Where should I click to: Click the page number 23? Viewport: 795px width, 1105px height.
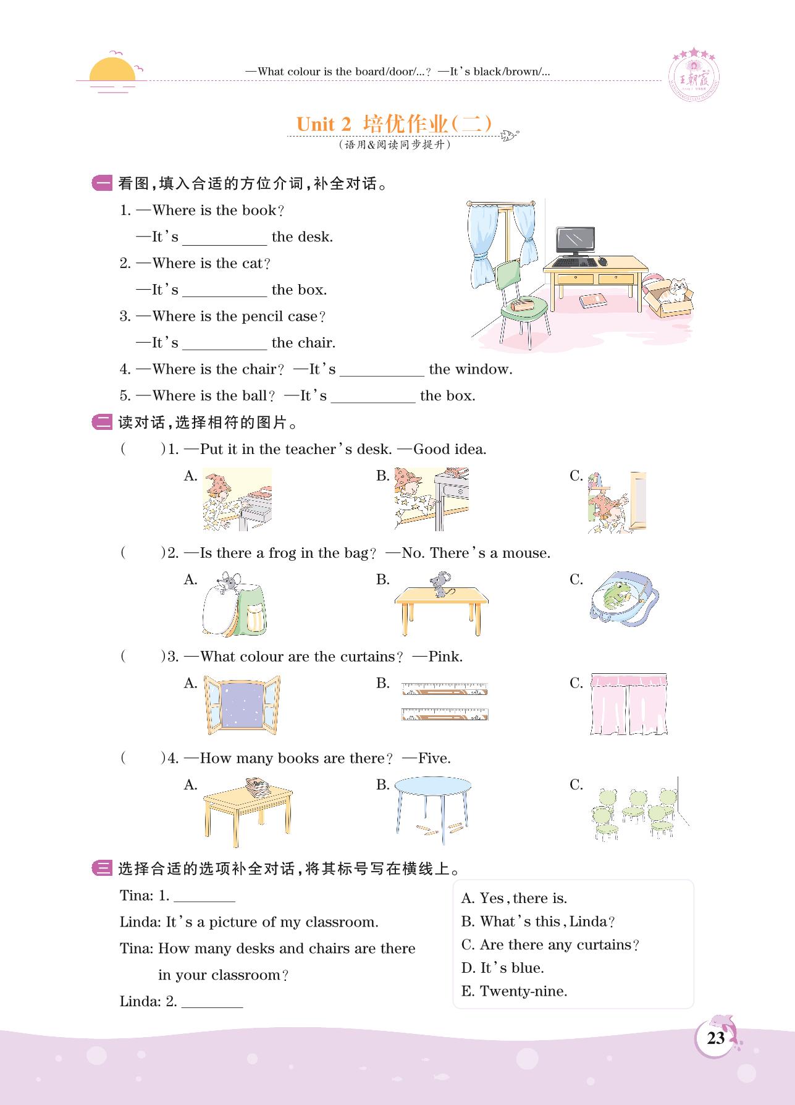[715, 1037]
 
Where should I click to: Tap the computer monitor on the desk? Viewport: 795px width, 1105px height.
[575, 240]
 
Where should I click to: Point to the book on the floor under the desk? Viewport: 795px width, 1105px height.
[592, 301]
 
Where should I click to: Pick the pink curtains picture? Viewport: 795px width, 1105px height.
[629, 704]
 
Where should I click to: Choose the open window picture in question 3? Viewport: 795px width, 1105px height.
[242, 705]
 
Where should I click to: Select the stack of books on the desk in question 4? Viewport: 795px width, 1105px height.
[258, 785]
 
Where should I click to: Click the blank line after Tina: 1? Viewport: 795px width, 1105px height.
[204, 897]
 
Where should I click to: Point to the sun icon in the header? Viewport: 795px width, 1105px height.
[112, 72]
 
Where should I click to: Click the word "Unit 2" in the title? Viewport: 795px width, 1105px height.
[324, 124]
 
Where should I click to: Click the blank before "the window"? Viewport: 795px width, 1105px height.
[382, 371]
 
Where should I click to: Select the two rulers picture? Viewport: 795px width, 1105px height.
[444, 702]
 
